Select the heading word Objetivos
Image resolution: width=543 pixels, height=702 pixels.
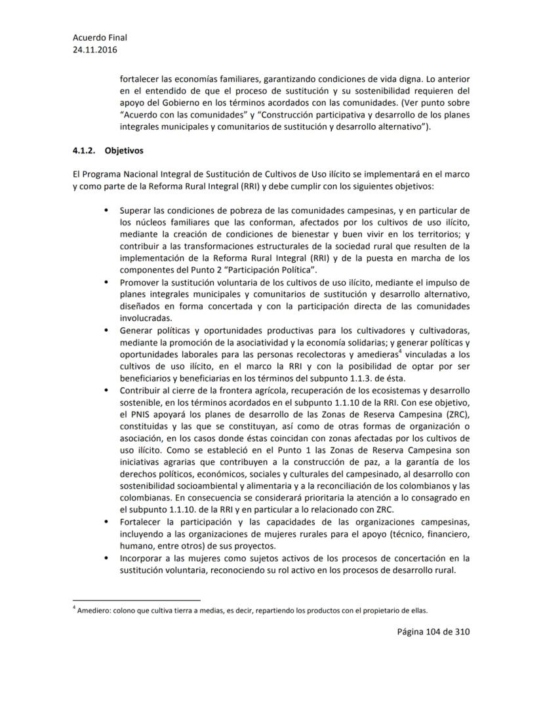click(x=124, y=150)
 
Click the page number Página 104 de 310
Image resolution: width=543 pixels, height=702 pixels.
click(x=424, y=631)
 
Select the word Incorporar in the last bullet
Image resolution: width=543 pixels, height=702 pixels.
click(x=143, y=558)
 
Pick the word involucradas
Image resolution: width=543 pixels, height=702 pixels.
click(x=145, y=318)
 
